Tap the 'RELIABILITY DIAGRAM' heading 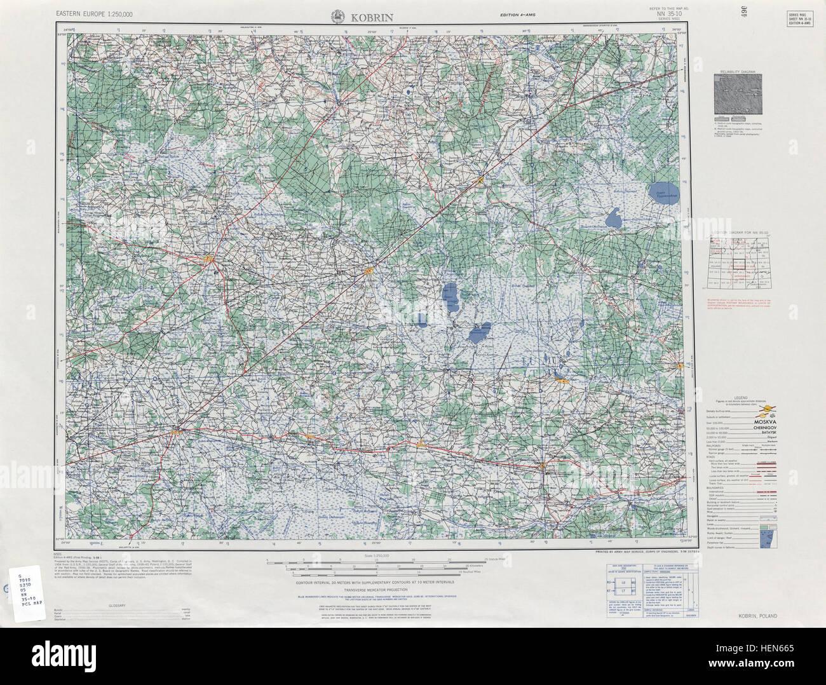[738, 72]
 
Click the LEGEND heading [741, 396]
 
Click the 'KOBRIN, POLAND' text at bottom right [757, 616]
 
